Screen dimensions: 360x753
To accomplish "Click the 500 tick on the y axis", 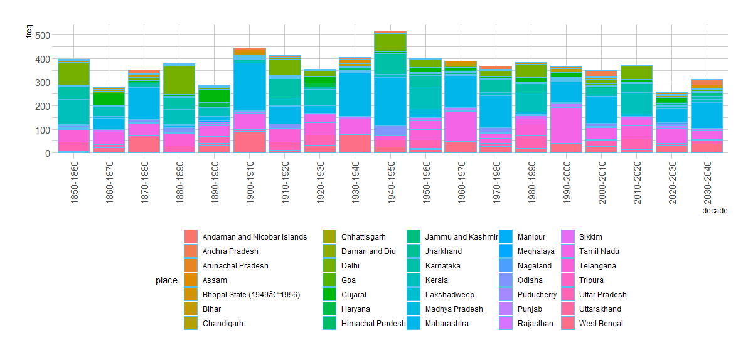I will [41, 36].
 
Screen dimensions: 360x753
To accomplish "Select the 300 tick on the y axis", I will [41, 83].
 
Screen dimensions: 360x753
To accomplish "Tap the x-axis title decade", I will [715, 211].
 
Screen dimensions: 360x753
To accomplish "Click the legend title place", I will [166, 281].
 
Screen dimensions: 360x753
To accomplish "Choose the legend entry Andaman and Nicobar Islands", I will [255, 237].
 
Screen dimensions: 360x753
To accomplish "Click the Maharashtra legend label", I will [447, 324].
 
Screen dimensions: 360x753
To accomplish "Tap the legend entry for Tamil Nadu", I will [599, 251].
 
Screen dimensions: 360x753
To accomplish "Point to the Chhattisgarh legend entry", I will [363, 237].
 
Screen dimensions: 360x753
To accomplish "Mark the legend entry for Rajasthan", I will [535, 324].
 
